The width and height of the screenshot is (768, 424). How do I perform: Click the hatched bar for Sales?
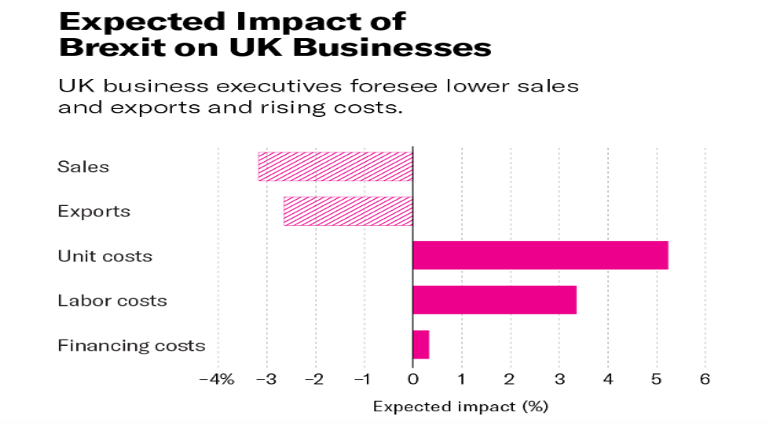335,166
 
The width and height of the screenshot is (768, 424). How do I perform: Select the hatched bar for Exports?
348,211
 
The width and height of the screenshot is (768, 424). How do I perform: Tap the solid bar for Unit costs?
540,256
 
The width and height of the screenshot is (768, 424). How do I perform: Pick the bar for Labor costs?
494,300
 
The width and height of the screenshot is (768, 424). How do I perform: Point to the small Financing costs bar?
421,345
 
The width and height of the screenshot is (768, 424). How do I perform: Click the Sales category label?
83,166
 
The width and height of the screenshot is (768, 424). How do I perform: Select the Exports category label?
94,211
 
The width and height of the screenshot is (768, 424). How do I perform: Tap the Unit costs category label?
105,256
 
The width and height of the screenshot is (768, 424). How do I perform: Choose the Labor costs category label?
112,300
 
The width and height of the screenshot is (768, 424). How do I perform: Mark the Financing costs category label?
131,346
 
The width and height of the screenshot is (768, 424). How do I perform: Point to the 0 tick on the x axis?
412,380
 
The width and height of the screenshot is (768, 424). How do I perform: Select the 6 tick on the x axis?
705,380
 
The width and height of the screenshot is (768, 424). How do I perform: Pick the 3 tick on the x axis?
559,380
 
